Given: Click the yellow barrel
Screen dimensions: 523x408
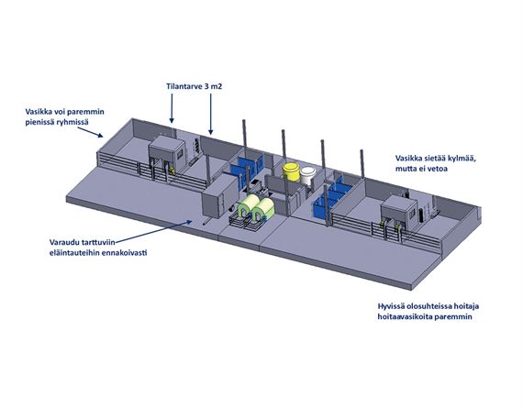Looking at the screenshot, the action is point(292,172).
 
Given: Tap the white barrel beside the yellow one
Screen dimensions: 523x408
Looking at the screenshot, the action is point(308,175).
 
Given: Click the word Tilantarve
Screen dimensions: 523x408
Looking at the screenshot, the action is point(184,86).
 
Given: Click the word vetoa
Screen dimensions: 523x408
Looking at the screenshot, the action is point(438,169).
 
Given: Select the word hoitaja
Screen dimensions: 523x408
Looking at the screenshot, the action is point(466,306).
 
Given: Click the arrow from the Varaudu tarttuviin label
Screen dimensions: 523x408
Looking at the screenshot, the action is point(153,231).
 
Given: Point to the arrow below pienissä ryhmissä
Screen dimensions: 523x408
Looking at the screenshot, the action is point(90,132).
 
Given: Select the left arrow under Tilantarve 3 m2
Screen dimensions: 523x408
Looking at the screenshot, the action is point(172,108).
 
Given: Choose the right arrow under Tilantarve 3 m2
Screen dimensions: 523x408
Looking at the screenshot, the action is point(210,114).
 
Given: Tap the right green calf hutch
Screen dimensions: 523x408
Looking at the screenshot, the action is point(263,210).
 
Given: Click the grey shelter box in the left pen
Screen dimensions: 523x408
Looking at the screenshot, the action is point(166,151).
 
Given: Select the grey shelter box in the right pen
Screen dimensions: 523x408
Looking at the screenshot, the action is point(399,211).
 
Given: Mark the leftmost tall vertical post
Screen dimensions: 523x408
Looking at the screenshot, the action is point(244,134).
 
